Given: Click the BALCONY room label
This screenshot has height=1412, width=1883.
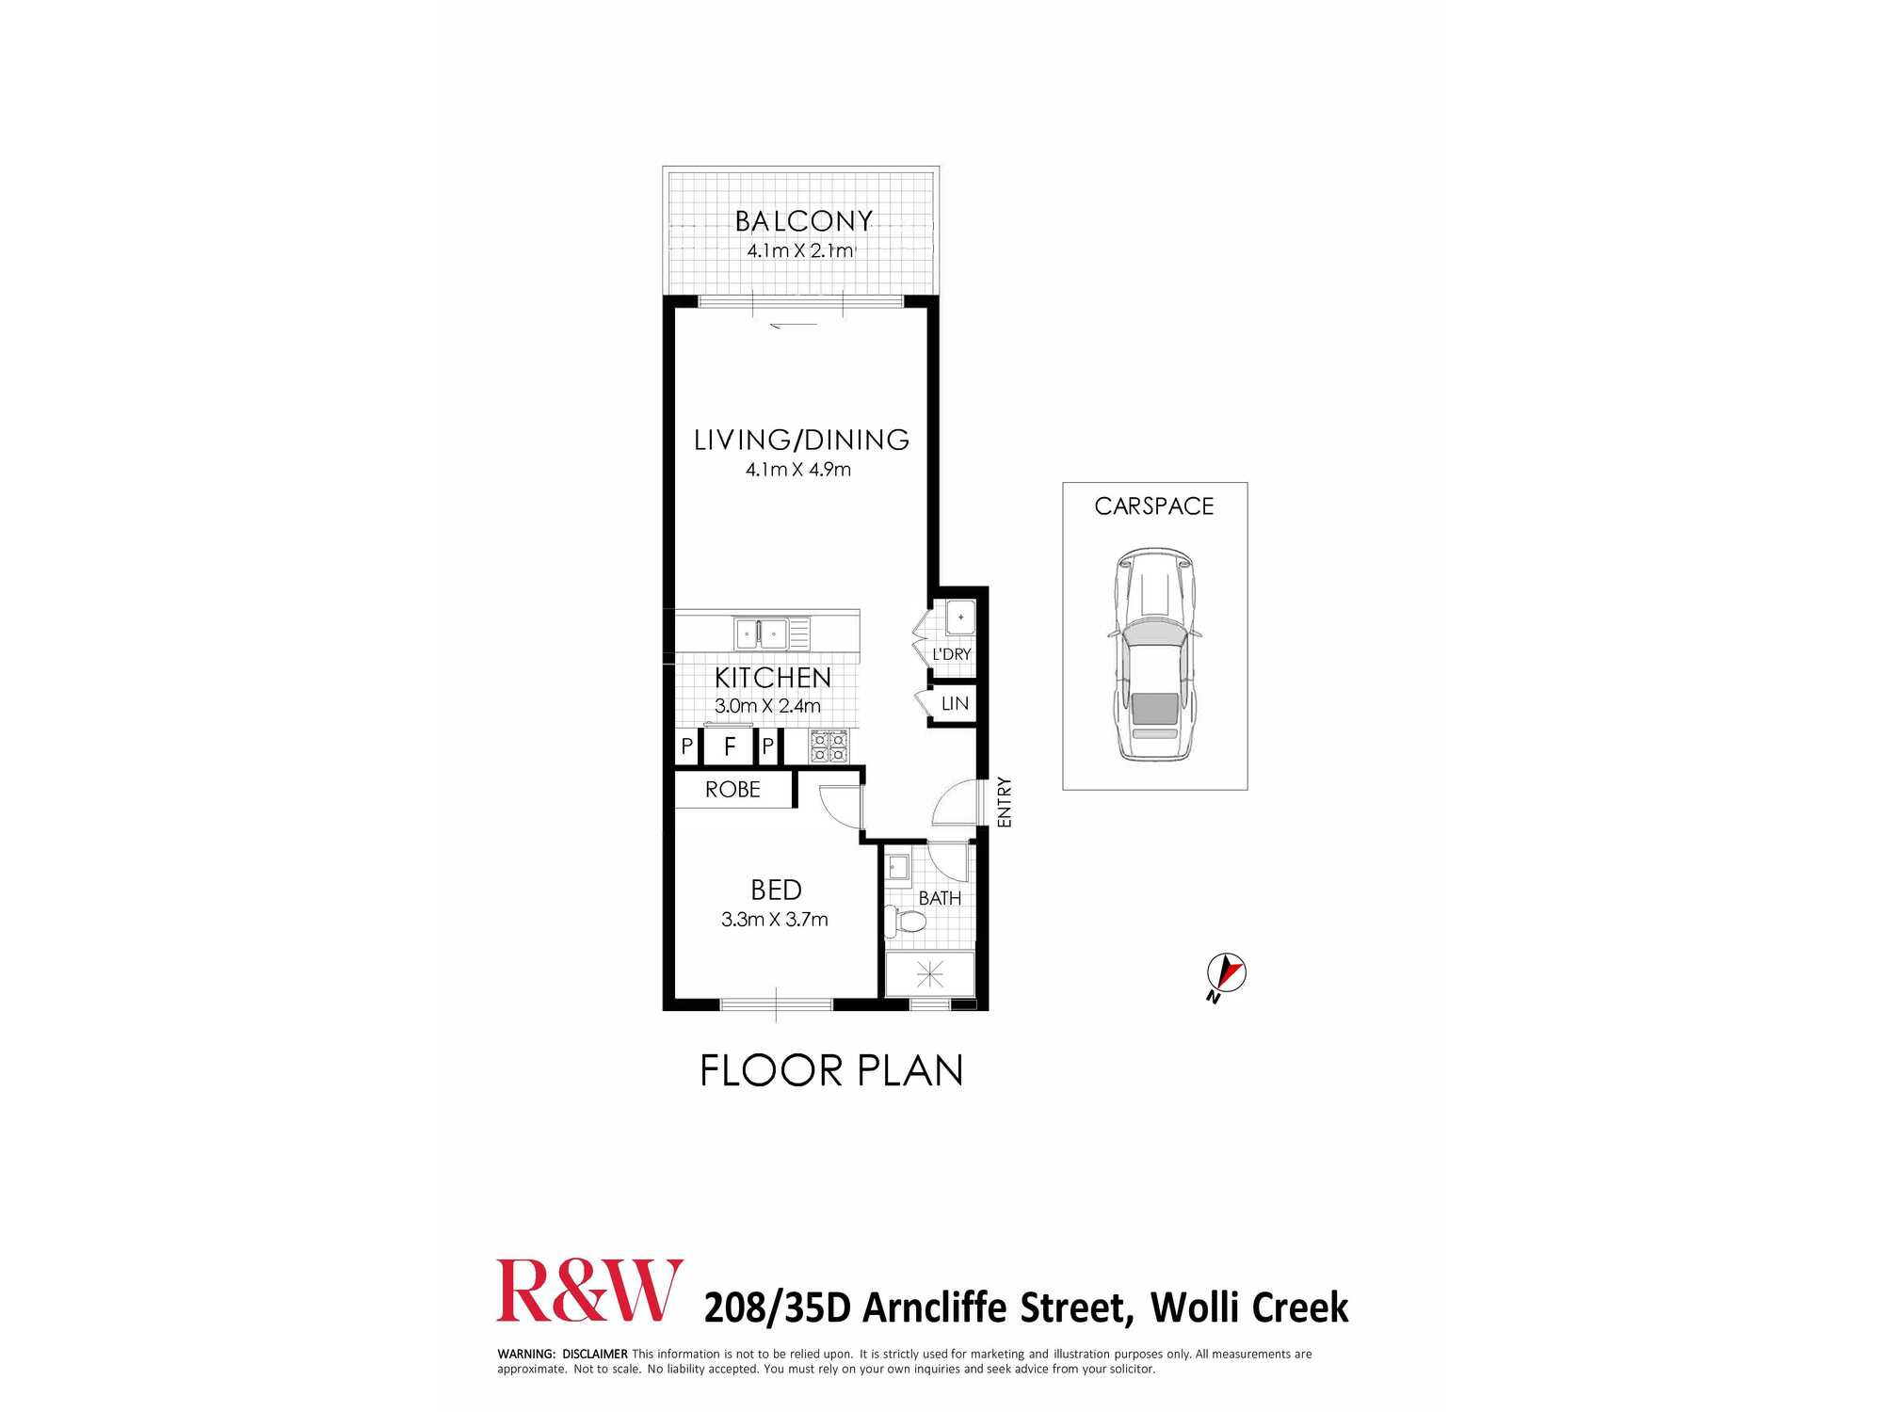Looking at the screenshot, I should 803,221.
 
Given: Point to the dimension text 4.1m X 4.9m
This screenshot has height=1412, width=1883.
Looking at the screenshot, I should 798,469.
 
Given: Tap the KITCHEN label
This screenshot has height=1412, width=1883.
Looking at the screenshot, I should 772,678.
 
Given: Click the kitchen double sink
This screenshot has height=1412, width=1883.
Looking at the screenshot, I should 762,634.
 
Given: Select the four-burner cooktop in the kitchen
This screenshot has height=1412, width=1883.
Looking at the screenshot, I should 829,746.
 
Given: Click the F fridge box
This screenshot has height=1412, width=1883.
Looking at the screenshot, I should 730,747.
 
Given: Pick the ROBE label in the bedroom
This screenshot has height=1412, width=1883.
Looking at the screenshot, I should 732,790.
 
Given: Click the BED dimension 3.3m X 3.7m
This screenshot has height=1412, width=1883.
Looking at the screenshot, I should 774,920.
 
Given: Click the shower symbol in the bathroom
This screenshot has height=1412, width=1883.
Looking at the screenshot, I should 929,974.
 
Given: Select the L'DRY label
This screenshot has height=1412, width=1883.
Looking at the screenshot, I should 951,654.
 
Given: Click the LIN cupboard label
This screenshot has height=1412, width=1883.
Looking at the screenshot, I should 955,703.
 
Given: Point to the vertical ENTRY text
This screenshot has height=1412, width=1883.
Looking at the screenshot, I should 1005,802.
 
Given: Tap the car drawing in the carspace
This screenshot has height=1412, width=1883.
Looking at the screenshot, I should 1154,654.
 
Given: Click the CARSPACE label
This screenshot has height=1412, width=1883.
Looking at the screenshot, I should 1154,506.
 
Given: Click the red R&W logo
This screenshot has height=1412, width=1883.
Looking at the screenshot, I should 589,1291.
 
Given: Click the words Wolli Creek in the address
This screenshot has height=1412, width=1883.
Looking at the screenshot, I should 1249,1308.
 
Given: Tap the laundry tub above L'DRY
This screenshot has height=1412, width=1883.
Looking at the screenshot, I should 960,618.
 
